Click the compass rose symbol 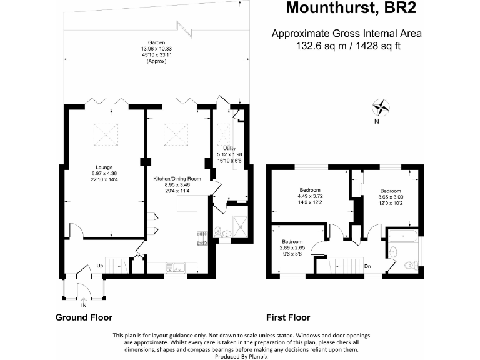381,106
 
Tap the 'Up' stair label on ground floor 99,266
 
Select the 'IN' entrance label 84,306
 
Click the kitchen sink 173,269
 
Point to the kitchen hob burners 202,237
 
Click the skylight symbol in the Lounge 105,132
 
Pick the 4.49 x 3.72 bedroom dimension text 310,196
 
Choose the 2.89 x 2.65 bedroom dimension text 292,248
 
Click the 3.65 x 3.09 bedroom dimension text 391,197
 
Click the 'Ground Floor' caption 84,317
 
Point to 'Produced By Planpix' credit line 240,355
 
